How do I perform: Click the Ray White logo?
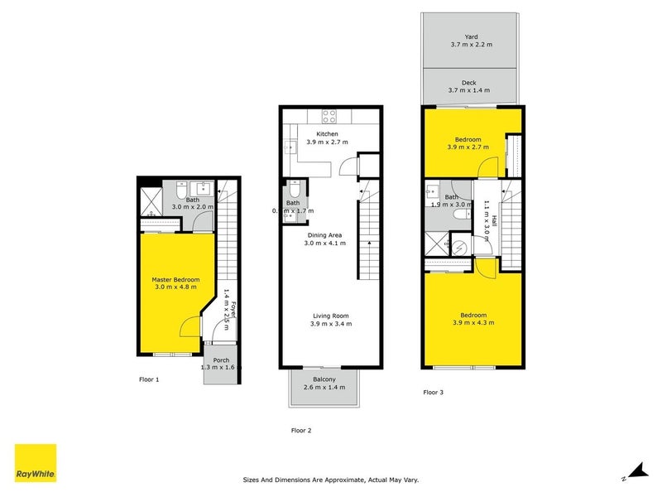click(x=36, y=463)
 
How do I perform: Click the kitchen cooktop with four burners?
click(x=329, y=117)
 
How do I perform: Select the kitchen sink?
click(x=290, y=148)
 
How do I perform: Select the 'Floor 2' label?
click(x=301, y=430)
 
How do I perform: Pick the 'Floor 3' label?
click(x=433, y=392)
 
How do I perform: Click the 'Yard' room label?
click(x=471, y=36)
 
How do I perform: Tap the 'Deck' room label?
click(x=469, y=82)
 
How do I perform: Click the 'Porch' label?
click(x=221, y=360)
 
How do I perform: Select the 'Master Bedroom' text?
click(x=175, y=279)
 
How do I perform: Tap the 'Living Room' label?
click(x=330, y=315)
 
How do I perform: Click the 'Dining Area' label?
click(x=324, y=235)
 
